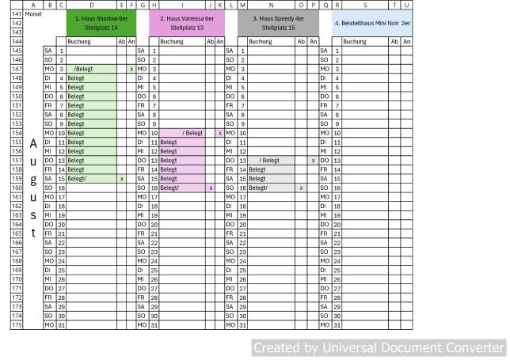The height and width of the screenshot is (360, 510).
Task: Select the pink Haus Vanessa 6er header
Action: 187,22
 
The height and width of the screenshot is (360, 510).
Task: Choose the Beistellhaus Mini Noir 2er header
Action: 371,23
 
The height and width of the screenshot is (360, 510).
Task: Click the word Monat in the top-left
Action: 33,14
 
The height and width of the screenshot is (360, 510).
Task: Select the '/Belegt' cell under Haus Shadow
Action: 91,69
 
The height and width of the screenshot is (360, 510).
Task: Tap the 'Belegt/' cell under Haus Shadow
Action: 91,179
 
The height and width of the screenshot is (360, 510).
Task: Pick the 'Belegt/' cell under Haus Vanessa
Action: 182,188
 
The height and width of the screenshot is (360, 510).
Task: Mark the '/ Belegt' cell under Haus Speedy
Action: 272,161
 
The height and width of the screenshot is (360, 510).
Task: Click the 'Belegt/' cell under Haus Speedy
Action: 272,188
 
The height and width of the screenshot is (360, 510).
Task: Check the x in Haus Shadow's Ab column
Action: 121,179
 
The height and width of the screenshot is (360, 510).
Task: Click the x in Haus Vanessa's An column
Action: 219,133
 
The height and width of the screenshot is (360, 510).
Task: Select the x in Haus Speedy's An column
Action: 314,161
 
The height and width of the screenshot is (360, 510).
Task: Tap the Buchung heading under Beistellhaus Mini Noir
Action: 354,41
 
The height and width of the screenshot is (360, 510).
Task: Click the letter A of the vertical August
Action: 33,144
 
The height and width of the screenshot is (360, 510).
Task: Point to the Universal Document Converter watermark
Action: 378,347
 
